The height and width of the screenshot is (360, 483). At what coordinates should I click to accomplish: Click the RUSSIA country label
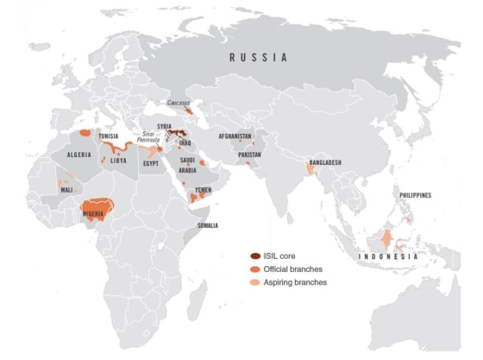258,57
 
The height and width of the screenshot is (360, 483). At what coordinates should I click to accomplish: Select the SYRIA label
164,126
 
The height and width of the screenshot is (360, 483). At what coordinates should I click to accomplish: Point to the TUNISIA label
109,136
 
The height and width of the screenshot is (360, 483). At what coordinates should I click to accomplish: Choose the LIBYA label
119,161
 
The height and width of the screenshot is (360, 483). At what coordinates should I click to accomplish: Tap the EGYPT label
151,163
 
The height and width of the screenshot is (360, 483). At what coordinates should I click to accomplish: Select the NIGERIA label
98,212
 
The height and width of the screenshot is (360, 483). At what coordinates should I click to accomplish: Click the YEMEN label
203,190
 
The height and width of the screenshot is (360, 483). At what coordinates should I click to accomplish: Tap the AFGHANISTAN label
235,136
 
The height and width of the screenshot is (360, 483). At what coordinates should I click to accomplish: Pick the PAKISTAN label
248,155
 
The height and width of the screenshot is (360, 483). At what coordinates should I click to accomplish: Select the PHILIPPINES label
415,195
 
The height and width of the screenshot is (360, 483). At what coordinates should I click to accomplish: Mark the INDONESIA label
388,256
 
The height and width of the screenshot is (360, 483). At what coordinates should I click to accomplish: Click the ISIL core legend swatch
255,256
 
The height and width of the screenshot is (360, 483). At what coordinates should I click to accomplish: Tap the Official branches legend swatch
255,269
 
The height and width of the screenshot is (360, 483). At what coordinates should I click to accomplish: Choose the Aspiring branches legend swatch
255,282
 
